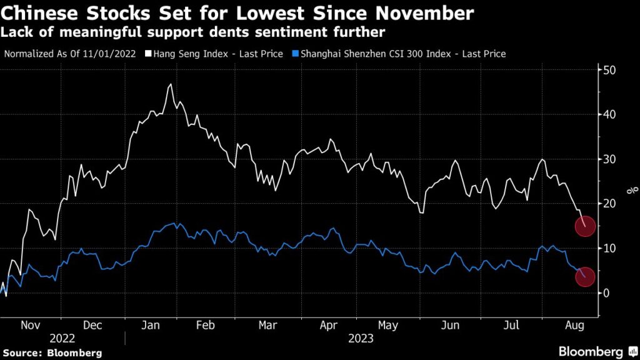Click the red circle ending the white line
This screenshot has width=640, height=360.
(x=584, y=227)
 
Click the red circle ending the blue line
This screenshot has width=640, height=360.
(x=584, y=277)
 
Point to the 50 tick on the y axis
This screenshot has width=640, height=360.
(x=608, y=70)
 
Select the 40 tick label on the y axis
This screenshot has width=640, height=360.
(x=608, y=114)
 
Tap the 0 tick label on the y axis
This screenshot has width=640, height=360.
(x=606, y=293)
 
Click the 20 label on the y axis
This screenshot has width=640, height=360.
(x=608, y=204)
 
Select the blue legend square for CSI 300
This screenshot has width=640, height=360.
(x=296, y=54)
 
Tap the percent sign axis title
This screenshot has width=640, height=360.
(x=633, y=190)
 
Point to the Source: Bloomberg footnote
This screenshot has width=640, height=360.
(x=51, y=351)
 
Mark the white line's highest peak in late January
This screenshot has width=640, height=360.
(x=171, y=84)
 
